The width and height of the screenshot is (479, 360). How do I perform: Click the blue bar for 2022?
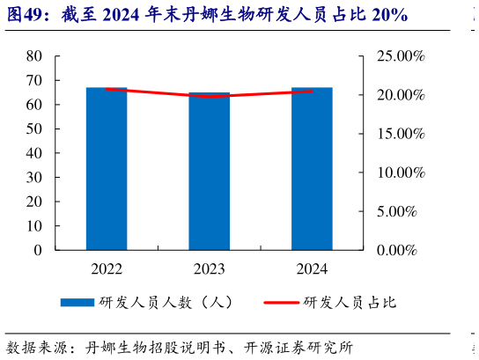107,168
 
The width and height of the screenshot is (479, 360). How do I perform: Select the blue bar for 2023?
209,171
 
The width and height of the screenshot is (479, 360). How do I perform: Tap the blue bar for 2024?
312,168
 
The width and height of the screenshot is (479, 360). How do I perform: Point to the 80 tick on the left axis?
34,55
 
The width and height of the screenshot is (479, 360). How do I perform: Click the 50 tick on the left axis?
34,129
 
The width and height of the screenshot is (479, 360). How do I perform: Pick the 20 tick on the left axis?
34,202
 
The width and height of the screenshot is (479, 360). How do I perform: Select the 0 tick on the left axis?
38,250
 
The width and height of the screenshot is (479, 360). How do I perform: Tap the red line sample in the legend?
281,302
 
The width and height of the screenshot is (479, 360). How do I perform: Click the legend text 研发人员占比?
350,302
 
